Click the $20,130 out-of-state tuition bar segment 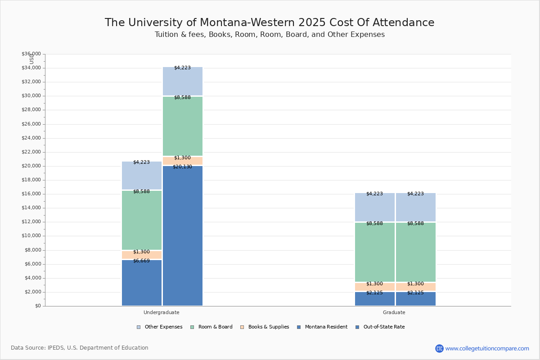[x=183, y=236]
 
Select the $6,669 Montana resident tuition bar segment [x=142, y=283]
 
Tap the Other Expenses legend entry [x=160, y=327]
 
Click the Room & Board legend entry [x=211, y=327]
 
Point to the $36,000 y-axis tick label [x=31, y=54]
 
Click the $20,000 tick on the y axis [x=31, y=166]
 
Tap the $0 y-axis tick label [x=37, y=306]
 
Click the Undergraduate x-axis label [x=162, y=312]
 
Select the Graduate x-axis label [x=394, y=312]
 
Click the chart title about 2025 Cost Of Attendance [x=270, y=23]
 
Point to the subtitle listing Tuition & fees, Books [x=270, y=35]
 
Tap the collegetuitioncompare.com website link [x=487, y=348]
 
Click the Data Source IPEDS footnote [x=80, y=348]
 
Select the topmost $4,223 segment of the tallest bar [x=183, y=81]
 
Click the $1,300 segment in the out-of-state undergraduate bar [x=183, y=161]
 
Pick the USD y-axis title [x=31, y=58]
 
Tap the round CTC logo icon [x=439, y=348]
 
